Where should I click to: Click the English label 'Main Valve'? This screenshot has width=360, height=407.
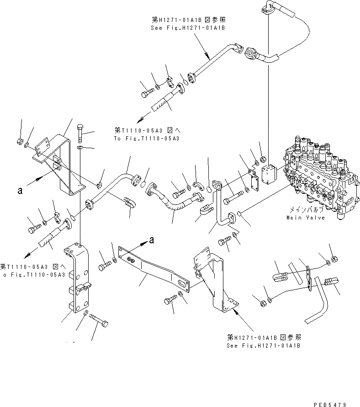point(306,218)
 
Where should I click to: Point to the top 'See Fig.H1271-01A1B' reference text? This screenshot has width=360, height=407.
point(188,27)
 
